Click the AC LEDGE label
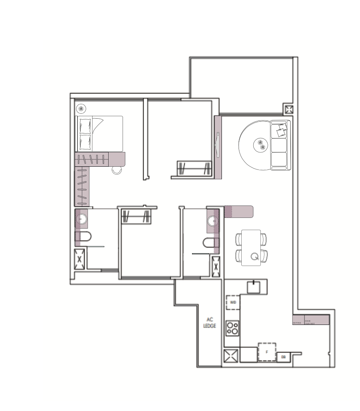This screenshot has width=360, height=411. click(x=209, y=323)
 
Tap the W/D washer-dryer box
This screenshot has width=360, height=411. click(x=233, y=302)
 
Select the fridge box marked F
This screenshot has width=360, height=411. click(x=267, y=352)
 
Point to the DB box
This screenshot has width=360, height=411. click(x=283, y=357)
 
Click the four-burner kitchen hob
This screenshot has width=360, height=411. click(x=232, y=328)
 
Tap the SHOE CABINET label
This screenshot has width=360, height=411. click(x=310, y=321)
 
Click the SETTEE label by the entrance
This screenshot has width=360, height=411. click(x=297, y=322)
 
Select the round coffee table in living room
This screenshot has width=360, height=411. click(x=261, y=145)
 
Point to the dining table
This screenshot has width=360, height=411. click(x=251, y=247)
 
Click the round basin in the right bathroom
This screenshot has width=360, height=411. click(x=213, y=221)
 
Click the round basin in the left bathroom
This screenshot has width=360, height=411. click(x=81, y=219)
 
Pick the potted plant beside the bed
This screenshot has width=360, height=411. click(x=81, y=109)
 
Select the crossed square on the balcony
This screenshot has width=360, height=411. click(x=289, y=109)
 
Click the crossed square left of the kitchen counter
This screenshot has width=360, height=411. click(x=231, y=356)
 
